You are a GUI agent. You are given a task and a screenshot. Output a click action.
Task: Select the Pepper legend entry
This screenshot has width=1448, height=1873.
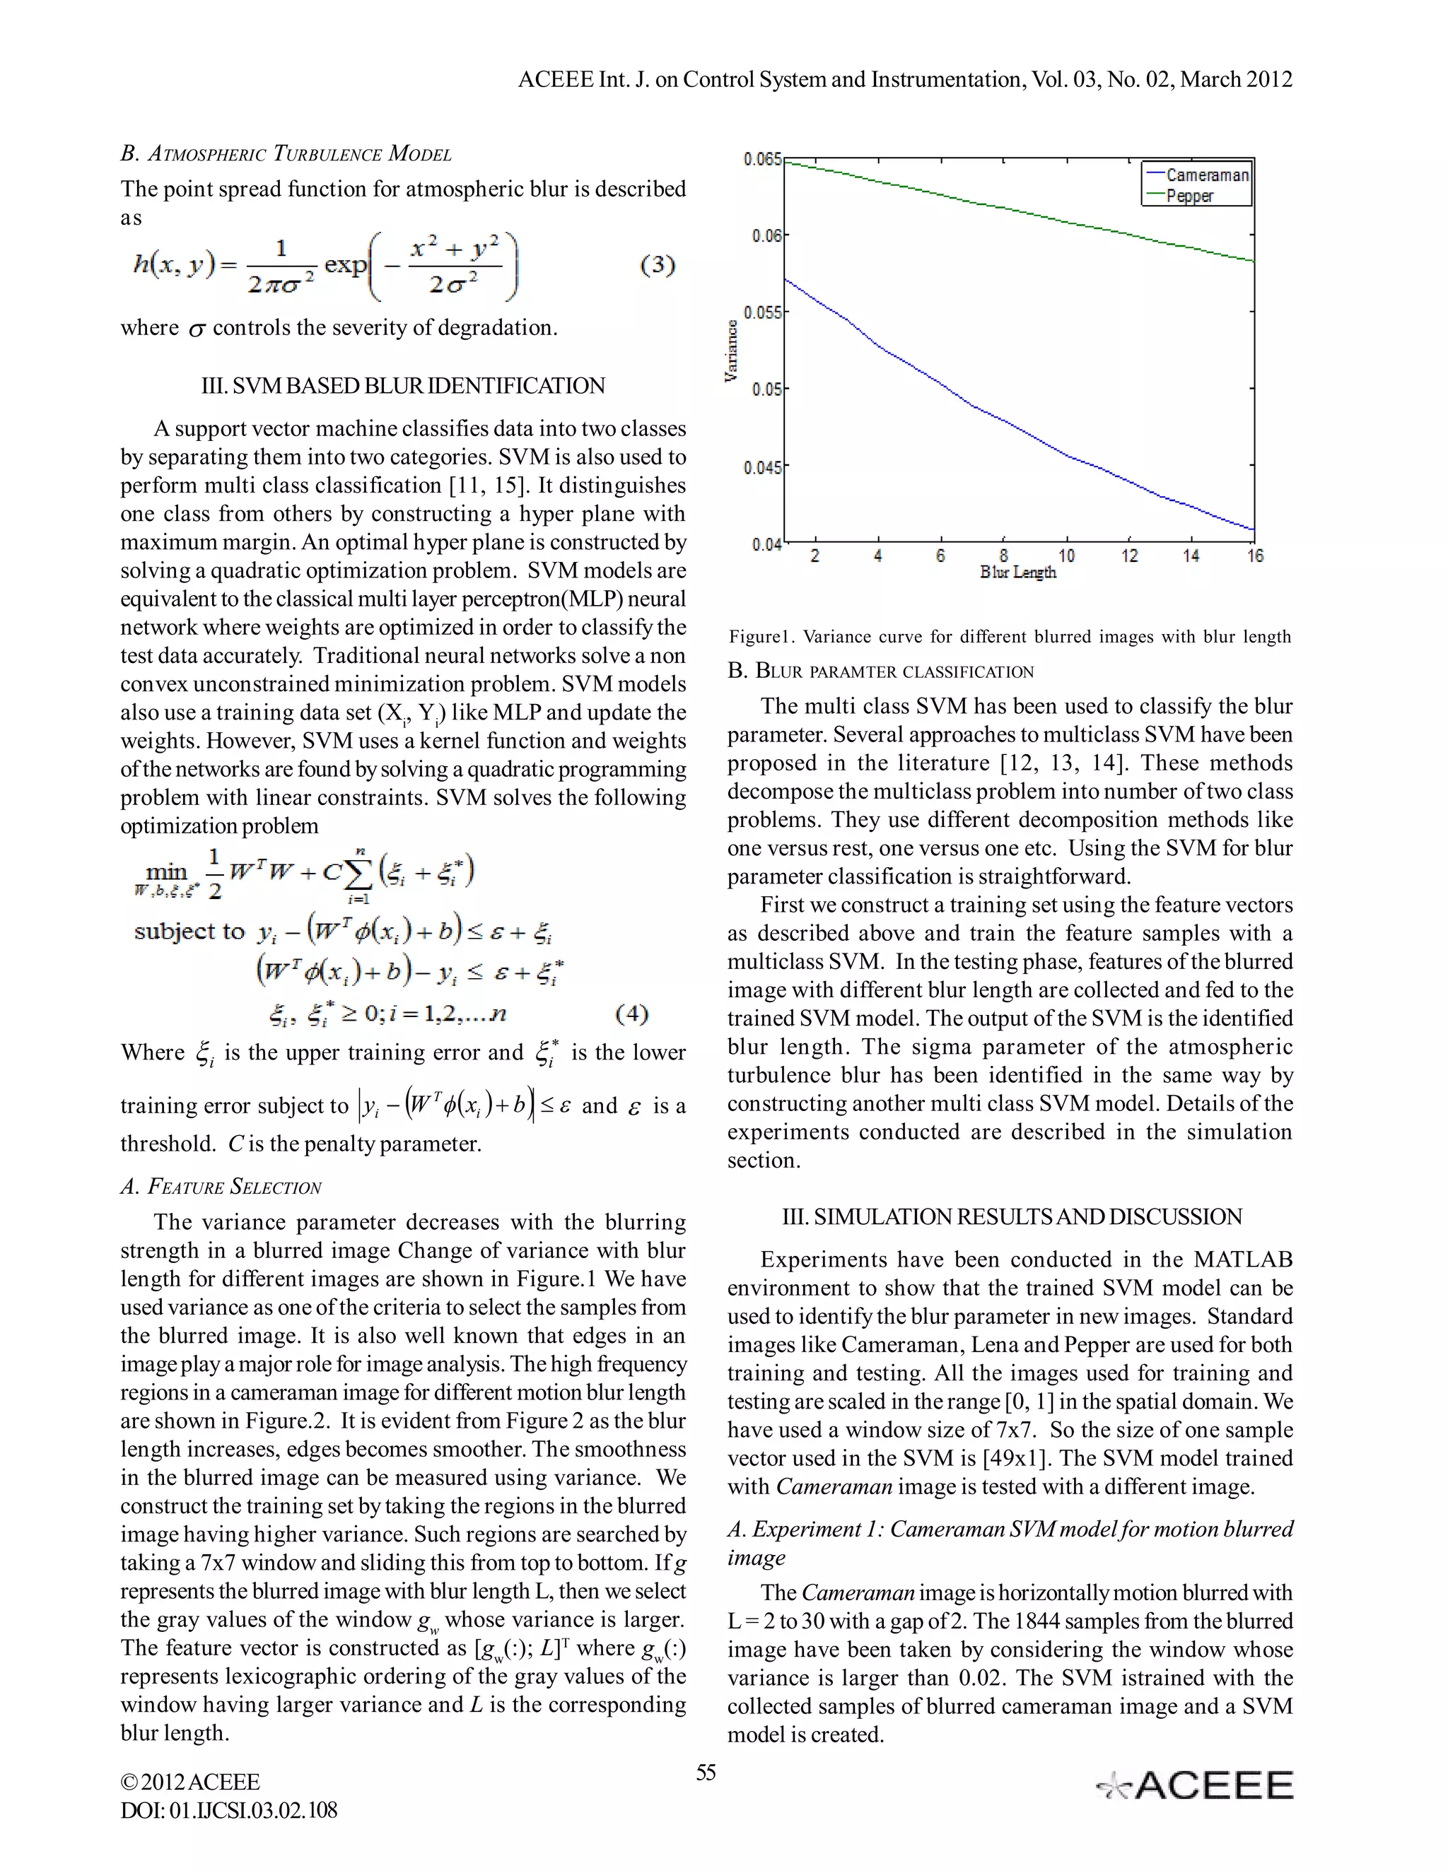pos(1190,196)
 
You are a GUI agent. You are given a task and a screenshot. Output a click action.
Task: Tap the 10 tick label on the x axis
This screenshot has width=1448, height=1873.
pos(1066,556)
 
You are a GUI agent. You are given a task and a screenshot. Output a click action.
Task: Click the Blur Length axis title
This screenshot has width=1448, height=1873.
pos(1017,572)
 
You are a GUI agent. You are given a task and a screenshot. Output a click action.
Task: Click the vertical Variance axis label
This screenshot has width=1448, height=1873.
pos(731,351)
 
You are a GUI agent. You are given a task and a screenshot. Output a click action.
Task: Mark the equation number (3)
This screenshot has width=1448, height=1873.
pos(658,265)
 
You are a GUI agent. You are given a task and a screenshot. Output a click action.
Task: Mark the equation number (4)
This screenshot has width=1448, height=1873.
pos(632,1014)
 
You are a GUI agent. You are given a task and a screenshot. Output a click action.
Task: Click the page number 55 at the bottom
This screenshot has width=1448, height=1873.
pos(706,1773)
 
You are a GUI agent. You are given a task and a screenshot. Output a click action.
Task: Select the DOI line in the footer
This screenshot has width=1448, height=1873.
pos(229,1809)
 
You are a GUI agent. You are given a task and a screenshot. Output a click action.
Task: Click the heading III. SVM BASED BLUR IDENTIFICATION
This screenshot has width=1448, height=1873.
pos(402,386)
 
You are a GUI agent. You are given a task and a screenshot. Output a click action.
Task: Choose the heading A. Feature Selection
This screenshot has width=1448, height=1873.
pos(221,1187)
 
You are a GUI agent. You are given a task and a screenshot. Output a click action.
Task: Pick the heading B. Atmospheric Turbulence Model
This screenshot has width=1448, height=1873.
pos(286,154)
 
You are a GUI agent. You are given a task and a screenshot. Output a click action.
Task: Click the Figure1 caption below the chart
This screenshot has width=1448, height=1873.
pos(1010,636)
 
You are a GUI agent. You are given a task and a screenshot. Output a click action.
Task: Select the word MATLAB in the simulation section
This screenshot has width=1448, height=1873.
pos(1243,1260)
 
